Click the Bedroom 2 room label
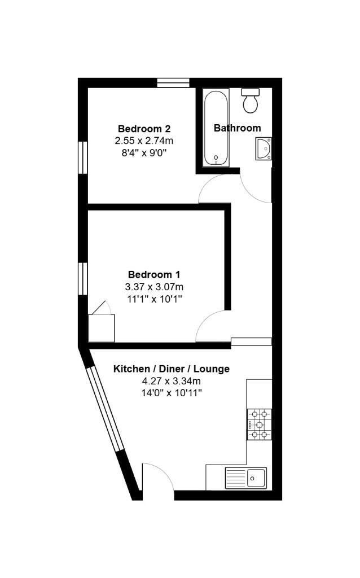click(x=144, y=129)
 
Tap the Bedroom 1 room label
click(x=154, y=274)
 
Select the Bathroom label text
click(x=238, y=128)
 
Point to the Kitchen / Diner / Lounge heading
click(x=172, y=369)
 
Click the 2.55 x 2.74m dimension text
click(x=144, y=141)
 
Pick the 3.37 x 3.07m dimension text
click(x=155, y=286)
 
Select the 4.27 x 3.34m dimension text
click(x=172, y=381)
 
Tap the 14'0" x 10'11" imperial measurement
click(x=172, y=393)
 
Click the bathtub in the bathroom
click(x=216, y=127)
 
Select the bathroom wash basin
click(x=264, y=148)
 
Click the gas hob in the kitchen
click(x=260, y=424)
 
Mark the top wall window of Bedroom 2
click(x=173, y=83)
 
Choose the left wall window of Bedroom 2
click(x=84, y=157)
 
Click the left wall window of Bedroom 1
click(x=84, y=279)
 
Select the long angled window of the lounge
click(x=107, y=409)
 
